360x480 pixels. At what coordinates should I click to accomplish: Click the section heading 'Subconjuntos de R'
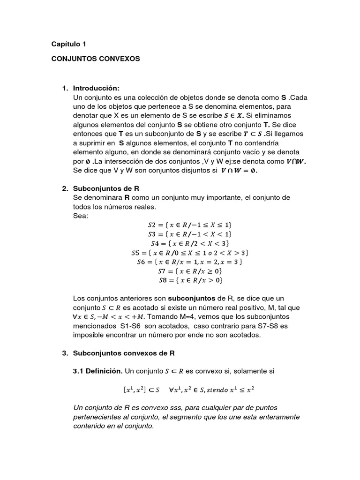106,189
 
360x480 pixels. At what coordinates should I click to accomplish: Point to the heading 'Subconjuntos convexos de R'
124,353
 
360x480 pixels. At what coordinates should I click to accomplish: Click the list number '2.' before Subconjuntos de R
65,189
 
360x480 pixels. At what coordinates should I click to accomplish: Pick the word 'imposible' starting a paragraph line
90,335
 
